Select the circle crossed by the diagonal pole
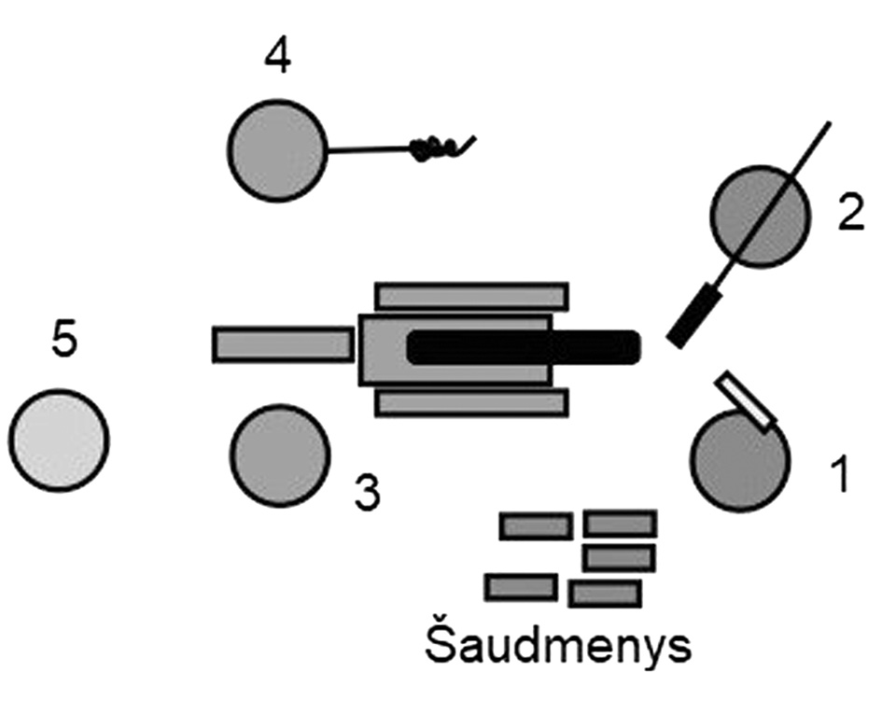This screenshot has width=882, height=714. tap(759, 217)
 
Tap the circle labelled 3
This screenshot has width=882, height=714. tap(280, 455)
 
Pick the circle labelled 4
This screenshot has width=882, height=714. tap(277, 150)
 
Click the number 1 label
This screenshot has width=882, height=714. tap(840, 474)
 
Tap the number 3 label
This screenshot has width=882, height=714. tap(368, 493)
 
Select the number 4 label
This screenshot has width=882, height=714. tap(277, 57)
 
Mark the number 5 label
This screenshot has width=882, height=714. tap(63, 342)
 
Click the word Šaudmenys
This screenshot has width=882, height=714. tap(558, 645)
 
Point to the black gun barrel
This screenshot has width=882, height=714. tap(523, 348)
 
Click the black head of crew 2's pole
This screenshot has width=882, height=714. tap(695, 318)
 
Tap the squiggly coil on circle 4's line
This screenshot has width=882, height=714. tap(434, 147)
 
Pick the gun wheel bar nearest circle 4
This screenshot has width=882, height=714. tap(471, 296)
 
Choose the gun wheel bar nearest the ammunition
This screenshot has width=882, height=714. tap(471, 402)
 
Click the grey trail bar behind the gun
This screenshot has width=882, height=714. tap(283, 343)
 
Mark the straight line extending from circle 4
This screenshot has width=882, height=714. tap(369, 149)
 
